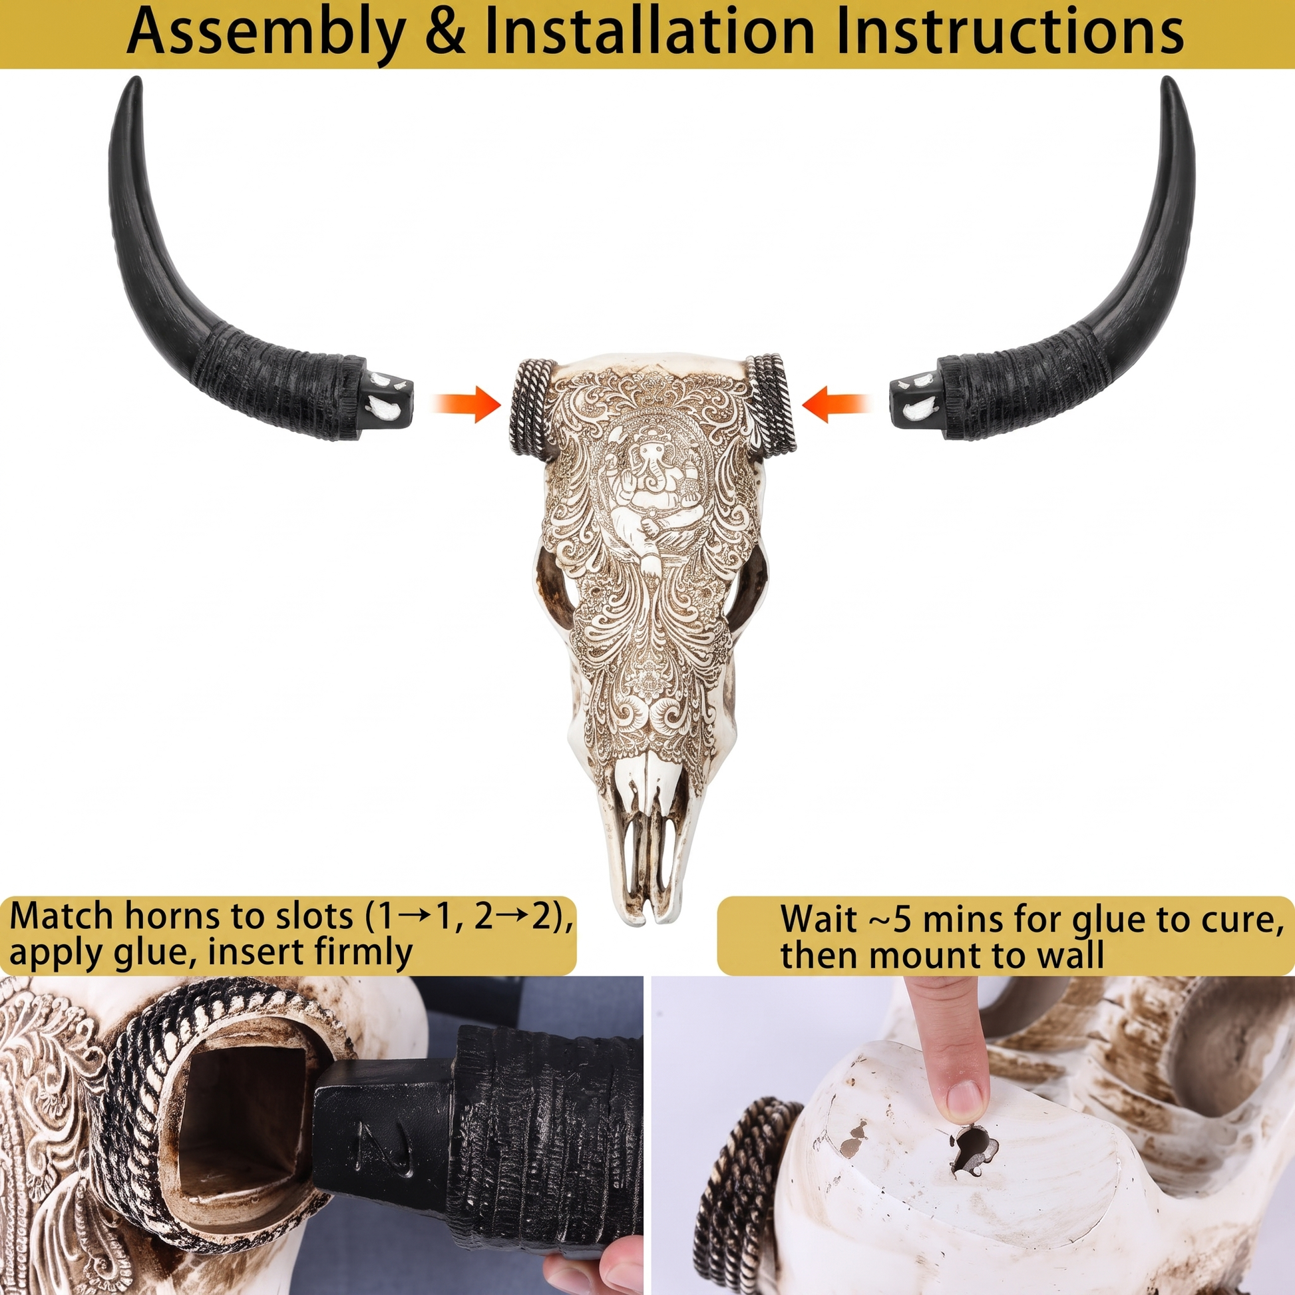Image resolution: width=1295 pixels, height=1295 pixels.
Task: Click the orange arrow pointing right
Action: [x=467, y=404]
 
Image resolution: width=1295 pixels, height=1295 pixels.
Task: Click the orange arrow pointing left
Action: [x=836, y=404]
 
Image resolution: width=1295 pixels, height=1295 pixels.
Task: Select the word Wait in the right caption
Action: [x=819, y=918]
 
